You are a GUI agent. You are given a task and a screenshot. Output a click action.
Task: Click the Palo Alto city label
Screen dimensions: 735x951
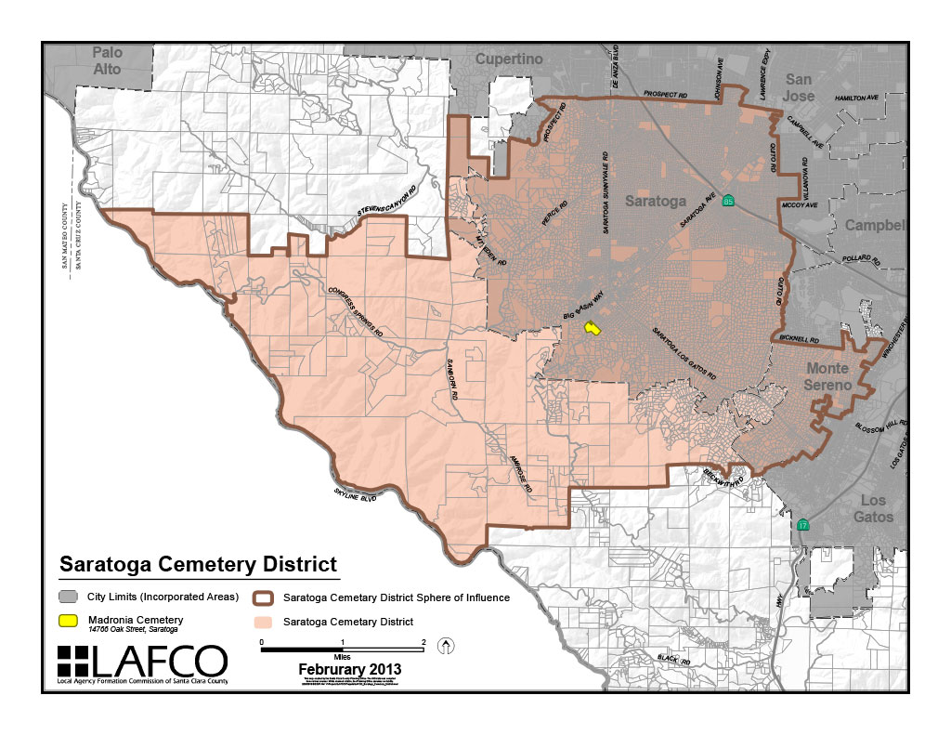pos(107,60)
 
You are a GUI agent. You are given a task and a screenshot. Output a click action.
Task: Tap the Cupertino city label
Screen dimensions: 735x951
pos(508,59)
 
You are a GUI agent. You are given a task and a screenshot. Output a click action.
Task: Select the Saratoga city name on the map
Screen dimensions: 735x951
pos(655,201)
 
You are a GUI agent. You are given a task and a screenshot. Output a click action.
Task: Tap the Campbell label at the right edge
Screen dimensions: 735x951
pos(873,226)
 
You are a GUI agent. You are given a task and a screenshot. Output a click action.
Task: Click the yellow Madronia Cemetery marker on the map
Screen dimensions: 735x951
pos(592,328)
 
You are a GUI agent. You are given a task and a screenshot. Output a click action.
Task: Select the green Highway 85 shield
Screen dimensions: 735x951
pos(729,201)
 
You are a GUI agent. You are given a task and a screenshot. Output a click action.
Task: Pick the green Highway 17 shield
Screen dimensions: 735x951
pos(802,525)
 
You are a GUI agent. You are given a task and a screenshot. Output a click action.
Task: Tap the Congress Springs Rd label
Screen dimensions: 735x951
pos(356,311)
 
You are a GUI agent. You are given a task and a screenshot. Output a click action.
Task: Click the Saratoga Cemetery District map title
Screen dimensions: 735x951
pos(198,565)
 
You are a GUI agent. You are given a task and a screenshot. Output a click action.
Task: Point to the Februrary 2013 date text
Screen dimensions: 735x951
pos(350,669)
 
